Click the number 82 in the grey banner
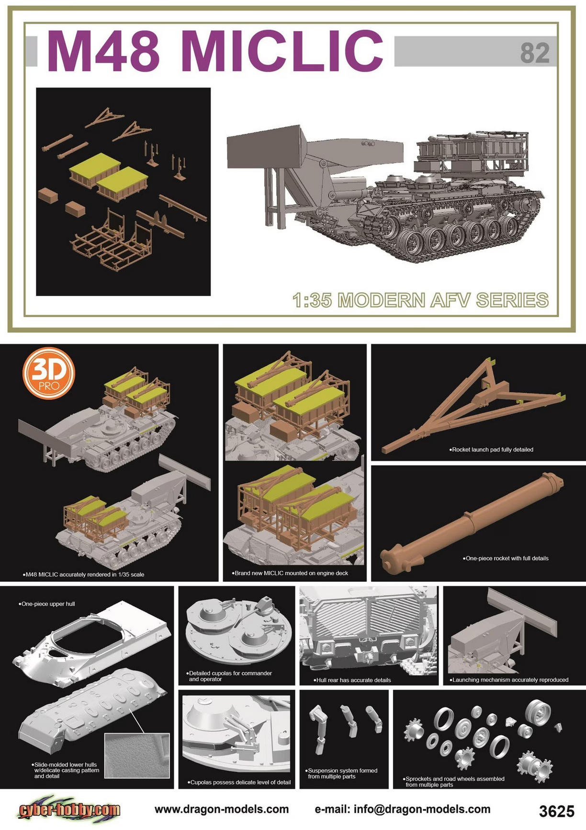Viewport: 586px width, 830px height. tap(535, 53)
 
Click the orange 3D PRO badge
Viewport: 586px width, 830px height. tap(49, 373)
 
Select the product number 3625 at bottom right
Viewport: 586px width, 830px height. tap(556, 811)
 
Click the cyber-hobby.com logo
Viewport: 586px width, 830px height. tap(70, 809)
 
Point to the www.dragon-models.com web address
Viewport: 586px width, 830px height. tap(222, 809)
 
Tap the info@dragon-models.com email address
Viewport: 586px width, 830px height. tap(403, 809)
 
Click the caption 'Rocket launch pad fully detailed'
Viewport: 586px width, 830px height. tap(491, 450)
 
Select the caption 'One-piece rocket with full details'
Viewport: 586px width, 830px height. tap(506, 558)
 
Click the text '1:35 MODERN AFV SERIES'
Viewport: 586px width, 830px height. tap(420, 300)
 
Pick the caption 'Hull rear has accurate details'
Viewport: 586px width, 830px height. tap(352, 680)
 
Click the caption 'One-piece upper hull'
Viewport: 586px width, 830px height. tap(47, 604)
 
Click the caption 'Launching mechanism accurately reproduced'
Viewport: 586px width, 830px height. tap(509, 680)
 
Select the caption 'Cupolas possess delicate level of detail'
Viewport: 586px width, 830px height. tap(239, 782)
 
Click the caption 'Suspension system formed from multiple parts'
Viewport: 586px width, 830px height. tap(342, 774)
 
